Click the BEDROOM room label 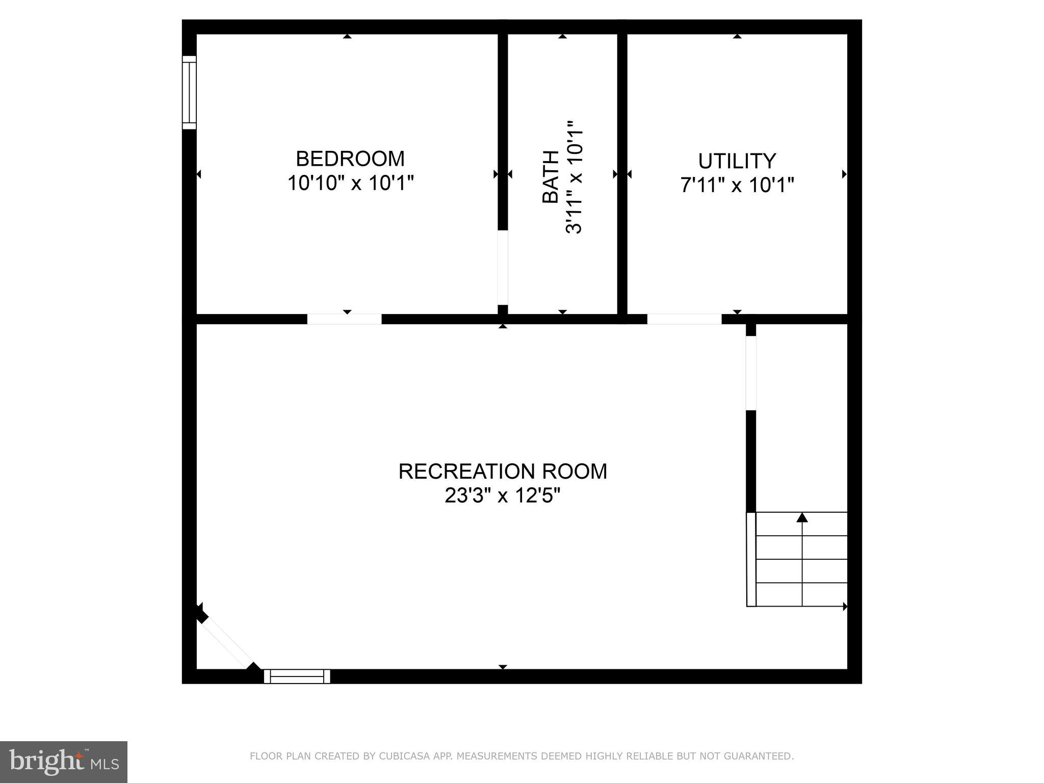point(350,159)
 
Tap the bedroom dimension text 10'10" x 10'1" point(350,182)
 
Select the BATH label point(551,177)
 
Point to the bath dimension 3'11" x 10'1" point(574,177)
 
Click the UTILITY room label point(737,161)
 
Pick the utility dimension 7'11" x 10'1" point(737,185)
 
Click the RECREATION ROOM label point(503,472)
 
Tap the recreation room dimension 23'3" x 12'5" point(503,495)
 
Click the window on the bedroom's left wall point(189,92)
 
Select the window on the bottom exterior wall point(297,676)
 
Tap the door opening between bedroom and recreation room point(344,319)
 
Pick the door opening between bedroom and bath point(503,267)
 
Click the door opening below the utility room point(684,319)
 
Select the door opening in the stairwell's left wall point(751,373)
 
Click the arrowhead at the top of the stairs point(802,517)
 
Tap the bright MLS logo point(64,762)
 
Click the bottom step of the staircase point(801,595)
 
